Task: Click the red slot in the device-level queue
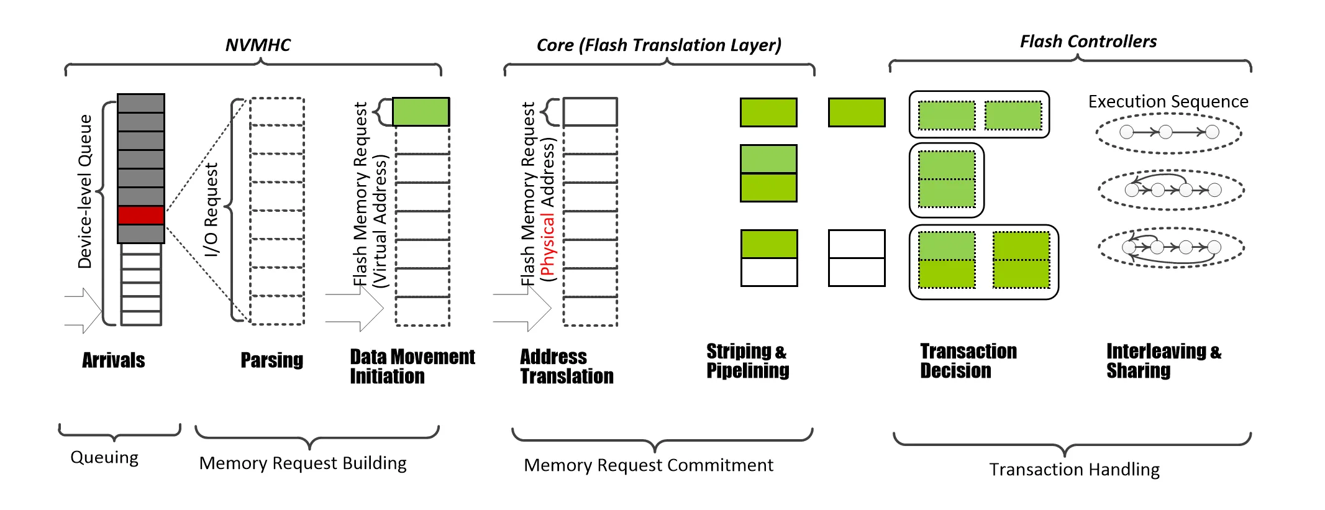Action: click(141, 216)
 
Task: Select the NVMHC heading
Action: click(258, 45)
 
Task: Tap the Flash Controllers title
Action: click(1088, 42)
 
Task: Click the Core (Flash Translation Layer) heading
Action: click(658, 45)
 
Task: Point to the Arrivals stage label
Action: click(114, 360)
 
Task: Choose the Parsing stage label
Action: click(271, 360)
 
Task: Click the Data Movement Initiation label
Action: click(412, 367)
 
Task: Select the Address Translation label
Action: click(566, 367)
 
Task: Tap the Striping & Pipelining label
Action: click(747, 361)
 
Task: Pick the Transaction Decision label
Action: click(968, 361)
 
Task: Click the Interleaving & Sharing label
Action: click(1163, 361)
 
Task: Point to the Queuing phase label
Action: click(104, 458)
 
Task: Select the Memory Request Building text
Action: click(303, 463)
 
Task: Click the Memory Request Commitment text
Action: click(648, 465)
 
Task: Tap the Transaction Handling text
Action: click(1074, 470)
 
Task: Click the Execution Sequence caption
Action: click(1168, 101)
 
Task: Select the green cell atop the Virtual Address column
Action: click(421, 112)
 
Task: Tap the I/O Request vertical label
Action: click(212, 209)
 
